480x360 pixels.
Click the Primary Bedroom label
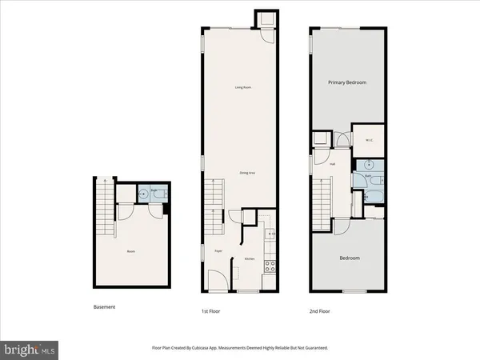(x=346, y=82)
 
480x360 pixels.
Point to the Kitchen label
(x=250, y=259)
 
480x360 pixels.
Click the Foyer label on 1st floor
(x=218, y=251)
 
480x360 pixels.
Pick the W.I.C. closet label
(x=370, y=142)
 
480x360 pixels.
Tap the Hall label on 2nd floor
(x=330, y=166)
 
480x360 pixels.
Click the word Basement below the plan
(x=105, y=307)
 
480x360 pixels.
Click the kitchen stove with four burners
(x=270, y=267)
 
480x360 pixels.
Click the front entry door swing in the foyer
(x=216, y=280)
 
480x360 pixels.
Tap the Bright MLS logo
(x=30, y=349)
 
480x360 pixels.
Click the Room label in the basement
(x=131, y=252)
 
